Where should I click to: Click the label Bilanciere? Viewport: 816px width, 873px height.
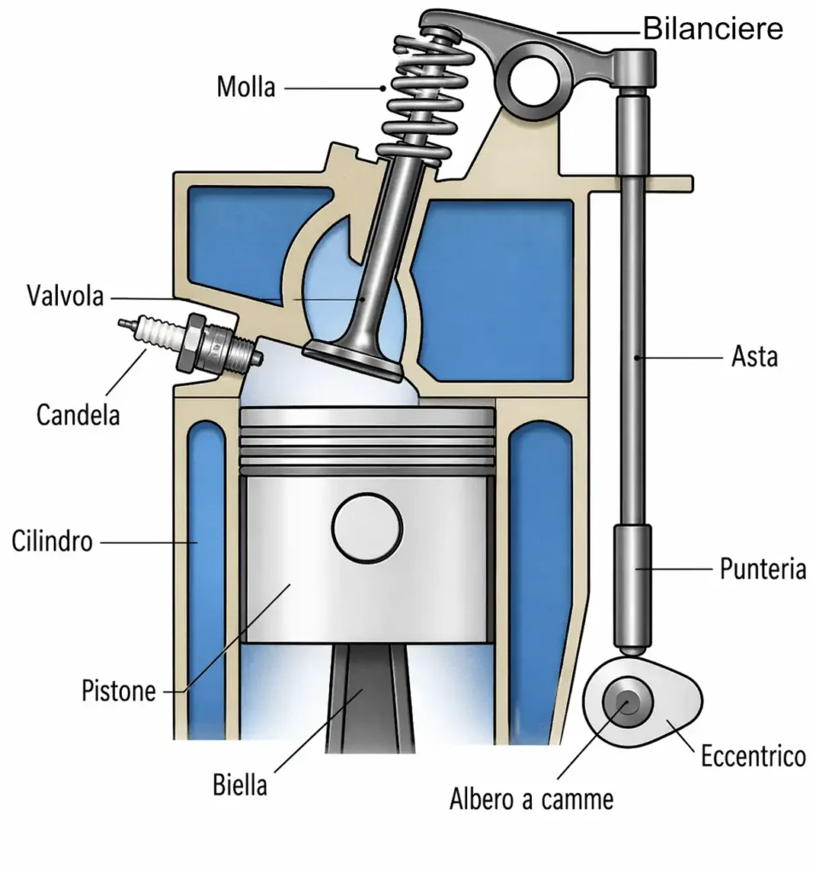point(712,29)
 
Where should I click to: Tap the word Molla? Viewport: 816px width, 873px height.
point(246,87)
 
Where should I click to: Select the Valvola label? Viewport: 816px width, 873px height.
point(65,297)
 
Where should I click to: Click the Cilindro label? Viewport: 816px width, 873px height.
point(52,541)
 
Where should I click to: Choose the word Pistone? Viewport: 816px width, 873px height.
point(119,690)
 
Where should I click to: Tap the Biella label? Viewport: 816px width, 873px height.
point(239,783)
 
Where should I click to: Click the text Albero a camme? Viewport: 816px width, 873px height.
point(531,800)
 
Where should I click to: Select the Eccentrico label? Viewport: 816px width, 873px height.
point(753,755)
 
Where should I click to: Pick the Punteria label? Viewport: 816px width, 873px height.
point(762,569)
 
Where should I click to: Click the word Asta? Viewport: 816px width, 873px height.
point(755,356)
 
